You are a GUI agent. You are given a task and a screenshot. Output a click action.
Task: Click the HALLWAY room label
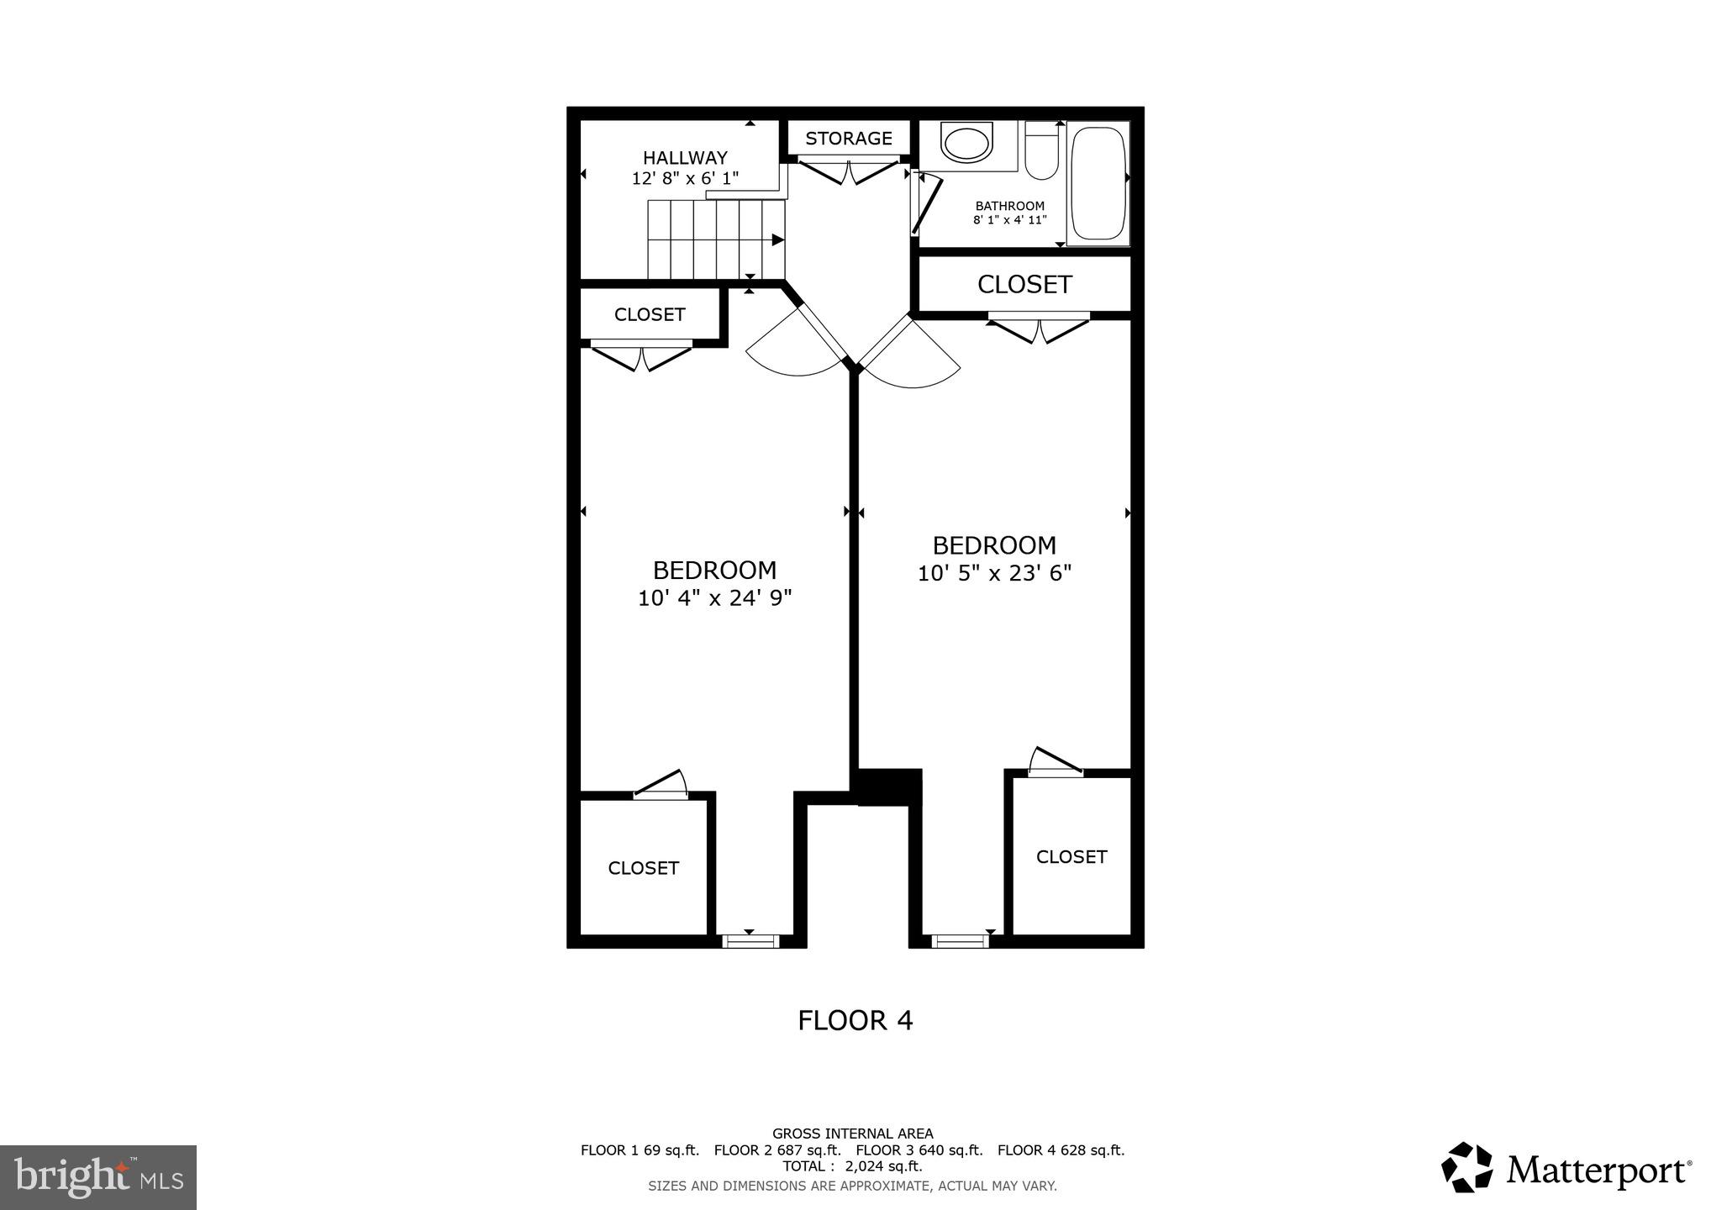click(x=685, y=158)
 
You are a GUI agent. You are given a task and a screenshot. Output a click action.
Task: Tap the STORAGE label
click(x=849, y=139)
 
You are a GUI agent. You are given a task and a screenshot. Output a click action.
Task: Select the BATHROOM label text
click(x=1009, y=206)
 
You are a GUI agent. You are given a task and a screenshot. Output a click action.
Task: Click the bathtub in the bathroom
click(x=1098, y=183)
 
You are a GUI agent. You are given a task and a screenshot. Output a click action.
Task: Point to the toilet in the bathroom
click(x=1042, y=151)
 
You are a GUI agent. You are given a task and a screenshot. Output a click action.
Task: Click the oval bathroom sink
click(x=967, y=143)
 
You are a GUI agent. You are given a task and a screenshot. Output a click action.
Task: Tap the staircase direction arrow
click(x=777, y=240)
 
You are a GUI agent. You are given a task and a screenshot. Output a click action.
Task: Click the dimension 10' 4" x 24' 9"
click(x=714, y=598)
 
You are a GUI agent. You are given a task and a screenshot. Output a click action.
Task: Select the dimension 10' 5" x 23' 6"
click(x=994, y=574)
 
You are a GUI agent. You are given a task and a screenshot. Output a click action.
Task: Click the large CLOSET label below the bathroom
click(x=1024, y=285)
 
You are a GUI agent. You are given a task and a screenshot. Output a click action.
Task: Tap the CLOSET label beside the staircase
click(x=650, y=315)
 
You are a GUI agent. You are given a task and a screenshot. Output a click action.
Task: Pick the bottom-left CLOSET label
click(x=643, y=868)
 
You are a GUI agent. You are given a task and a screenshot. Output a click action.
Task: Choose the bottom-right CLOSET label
click(x=1071, y=857)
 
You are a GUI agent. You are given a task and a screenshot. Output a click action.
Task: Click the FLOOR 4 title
click(x=855, y=1021)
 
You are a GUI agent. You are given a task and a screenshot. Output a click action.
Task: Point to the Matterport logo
click(x=1566, y=1169)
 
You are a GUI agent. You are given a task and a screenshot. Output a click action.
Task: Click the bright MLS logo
click(x=98, y=1176)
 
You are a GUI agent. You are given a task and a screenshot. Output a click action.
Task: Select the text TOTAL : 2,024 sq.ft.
click(x=852, y=1166)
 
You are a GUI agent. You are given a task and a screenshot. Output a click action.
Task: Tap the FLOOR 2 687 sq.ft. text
click(x=777, y=1150)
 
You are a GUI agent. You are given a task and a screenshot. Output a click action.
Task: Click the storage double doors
click(x=849, y=171)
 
